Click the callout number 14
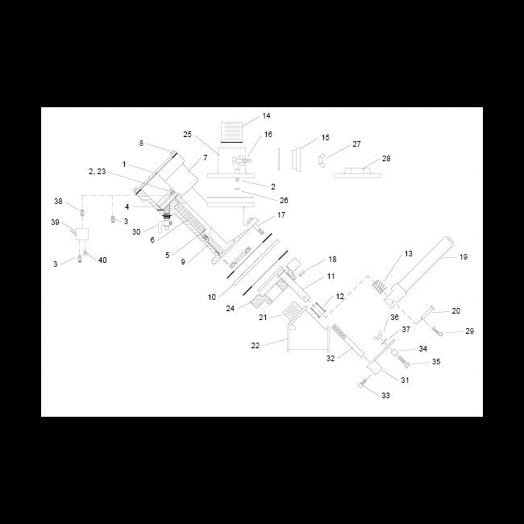click(266, 116)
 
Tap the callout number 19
click(463, 257)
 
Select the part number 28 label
click(386, 159)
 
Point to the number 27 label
click(356, 144)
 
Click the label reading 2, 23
click(96, 172)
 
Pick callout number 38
click(58, 201)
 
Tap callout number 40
click(102, 260)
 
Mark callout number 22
click(256, 345)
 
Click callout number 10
click(211, 297)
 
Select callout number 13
click(408, 254)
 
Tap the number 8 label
click(141, 143)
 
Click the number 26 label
click(284, 200)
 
